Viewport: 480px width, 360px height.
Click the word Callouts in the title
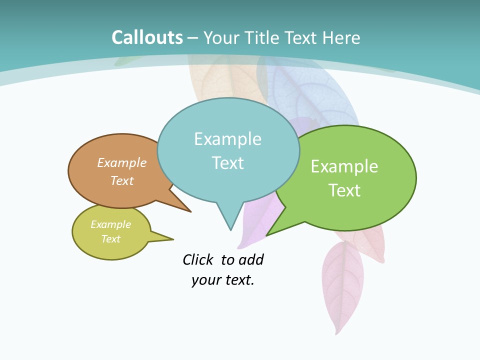coord(147,37)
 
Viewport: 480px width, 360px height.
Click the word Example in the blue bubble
coord(227,139)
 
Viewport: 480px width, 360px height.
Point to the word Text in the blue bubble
coord(228,162)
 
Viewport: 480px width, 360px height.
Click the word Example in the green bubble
coord(344,166)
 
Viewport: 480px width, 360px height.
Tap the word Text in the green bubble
coord(344,190)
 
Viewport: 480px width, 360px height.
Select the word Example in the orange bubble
coord(122,162)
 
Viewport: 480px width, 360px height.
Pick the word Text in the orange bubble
coord(122,180)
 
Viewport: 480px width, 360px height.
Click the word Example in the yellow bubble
coord(110,224)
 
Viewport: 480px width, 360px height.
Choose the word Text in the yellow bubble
coord(110,239)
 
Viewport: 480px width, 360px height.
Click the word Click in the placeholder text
coord(197,259)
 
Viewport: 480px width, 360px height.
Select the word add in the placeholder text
coord(251,259)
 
